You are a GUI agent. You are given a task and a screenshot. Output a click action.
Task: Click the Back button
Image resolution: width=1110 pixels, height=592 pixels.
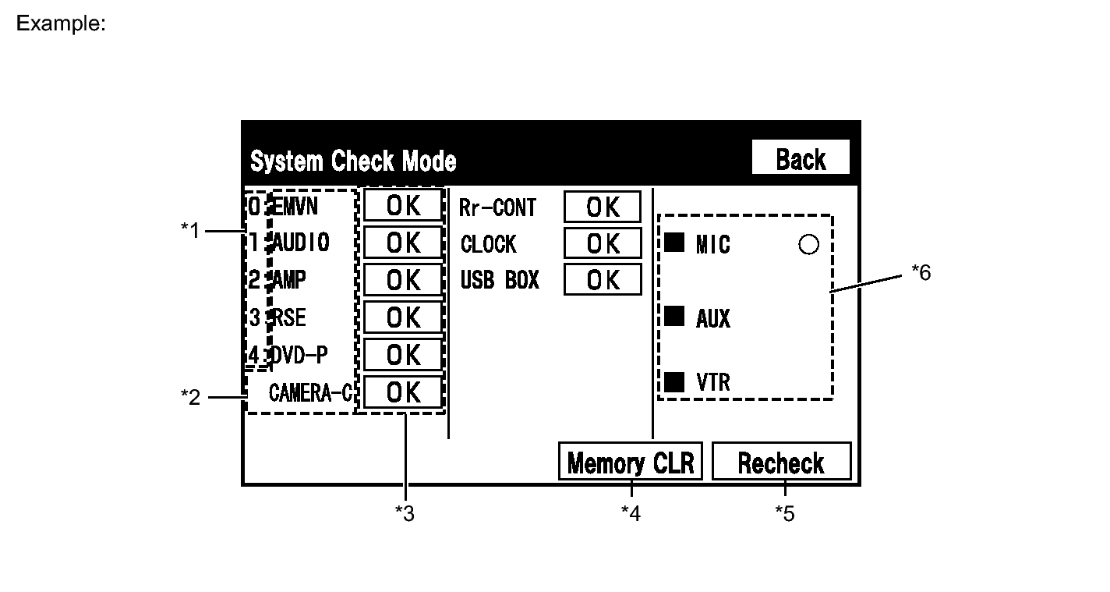pos(800,159)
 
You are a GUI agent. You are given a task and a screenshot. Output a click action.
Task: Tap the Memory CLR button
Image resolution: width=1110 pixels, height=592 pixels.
pos(630,463)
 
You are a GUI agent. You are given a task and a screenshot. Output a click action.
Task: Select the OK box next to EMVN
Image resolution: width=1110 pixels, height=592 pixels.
pos(403,206)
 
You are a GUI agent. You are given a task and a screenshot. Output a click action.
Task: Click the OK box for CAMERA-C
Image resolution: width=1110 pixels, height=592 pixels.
pos(403,392)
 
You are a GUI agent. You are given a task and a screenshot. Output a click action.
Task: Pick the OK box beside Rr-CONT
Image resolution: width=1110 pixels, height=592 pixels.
pos(603,207)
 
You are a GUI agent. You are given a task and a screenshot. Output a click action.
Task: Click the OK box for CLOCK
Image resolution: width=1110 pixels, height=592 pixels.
pos(603,243)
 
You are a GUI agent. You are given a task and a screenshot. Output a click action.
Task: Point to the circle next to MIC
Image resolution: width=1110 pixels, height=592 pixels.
pos(808,245)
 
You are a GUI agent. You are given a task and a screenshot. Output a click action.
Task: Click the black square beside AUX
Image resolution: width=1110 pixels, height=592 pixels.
pos(673,317)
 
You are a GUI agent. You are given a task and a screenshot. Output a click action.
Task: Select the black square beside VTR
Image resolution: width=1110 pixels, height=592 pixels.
pos(673,381)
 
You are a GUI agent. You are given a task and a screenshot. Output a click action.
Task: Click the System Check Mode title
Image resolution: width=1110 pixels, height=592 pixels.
pos(353,161)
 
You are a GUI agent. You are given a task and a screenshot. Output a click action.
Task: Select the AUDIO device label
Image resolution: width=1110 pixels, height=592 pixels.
pos(300,243)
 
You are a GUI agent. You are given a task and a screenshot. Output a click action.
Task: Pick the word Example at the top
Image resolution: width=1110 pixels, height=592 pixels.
pos(61,23)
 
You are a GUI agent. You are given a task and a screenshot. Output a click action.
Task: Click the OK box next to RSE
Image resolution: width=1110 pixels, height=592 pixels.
pos(403,317)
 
